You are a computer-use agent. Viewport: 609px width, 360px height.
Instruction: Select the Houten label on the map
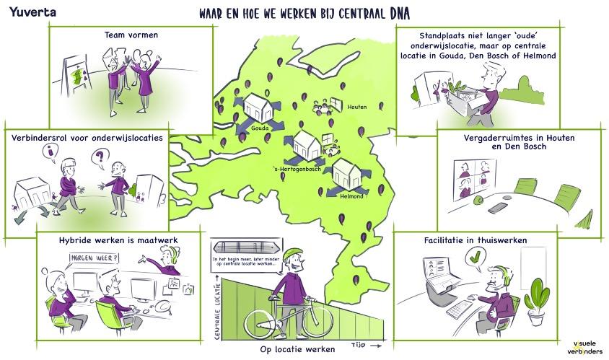click(356, 107)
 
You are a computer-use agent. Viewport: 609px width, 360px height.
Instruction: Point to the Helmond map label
click(351, 196)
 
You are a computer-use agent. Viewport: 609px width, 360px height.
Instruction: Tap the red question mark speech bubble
click(101, 154)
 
